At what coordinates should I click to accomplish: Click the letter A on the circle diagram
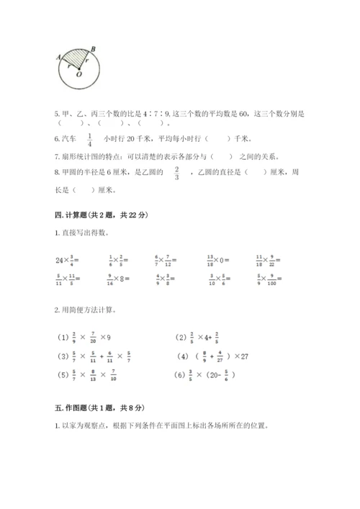(56, 60)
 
